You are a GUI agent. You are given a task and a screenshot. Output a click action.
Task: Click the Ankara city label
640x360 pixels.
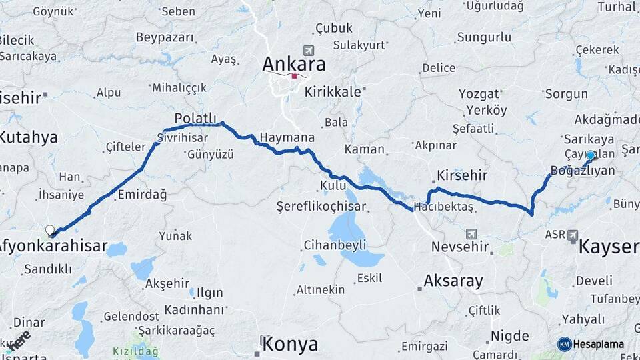[x=294, y=64]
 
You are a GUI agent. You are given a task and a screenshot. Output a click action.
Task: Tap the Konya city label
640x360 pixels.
[x=290, y=344]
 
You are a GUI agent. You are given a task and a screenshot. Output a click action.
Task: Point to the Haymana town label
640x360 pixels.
[x=287, y=137]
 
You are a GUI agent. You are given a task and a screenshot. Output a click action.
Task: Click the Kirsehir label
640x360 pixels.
[x=462, y=176]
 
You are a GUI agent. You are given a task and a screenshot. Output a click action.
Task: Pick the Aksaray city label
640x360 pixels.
[x=453, y=281]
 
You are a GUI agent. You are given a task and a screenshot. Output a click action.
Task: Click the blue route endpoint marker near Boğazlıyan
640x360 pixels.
[x=590, y=155]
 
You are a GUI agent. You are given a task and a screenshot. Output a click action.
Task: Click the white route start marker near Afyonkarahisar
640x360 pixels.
[x=50, y=230]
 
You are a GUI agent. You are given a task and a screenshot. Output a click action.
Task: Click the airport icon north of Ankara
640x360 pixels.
[x=307, y=51]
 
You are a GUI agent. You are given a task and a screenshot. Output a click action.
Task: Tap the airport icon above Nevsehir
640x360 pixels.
[x=472, y=234]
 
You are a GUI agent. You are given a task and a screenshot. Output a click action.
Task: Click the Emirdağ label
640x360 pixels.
[x=141, y=195]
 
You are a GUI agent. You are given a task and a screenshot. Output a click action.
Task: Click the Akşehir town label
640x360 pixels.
[x=167, y=283]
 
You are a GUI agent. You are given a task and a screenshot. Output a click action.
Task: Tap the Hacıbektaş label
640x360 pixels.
[x=443, y=207]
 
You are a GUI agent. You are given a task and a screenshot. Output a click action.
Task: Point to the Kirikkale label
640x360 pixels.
[x=332, y=92]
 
